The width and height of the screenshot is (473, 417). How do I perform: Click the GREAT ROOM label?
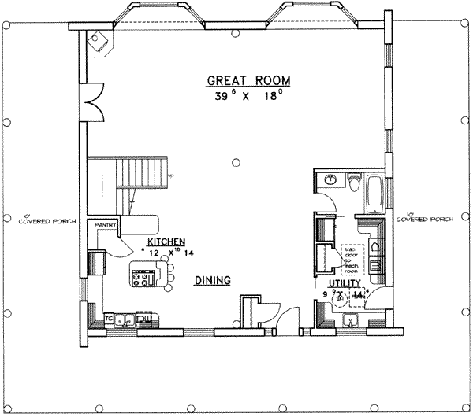click(x=248, y=80)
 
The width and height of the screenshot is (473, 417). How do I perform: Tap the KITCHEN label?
click(x=166, y=241)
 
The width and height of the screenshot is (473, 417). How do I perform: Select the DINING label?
click(x=213, y=280)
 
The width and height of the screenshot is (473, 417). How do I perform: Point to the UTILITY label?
click(x=345, y=283)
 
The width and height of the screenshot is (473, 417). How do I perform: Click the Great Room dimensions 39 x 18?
click(x=248, y=98)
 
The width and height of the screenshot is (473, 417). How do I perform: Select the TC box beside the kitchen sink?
click(x=111, y=319)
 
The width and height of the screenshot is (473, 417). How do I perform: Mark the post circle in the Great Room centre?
click(x=235, y=163)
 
